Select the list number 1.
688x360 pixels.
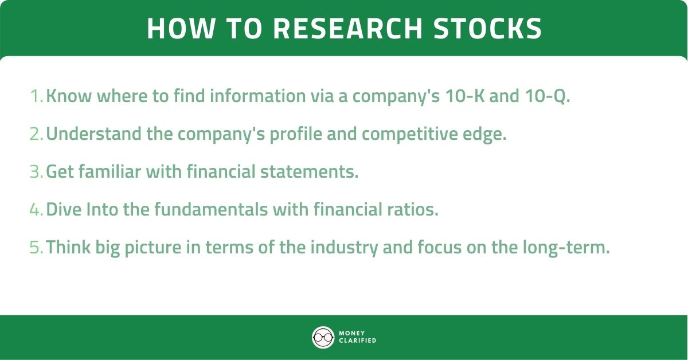tap(36, 96)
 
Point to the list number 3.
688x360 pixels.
tap(36, 172)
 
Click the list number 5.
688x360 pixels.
tap(36, 248)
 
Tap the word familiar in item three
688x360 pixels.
tap(112, 172)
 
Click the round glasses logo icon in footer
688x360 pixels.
tap(323, 337)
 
